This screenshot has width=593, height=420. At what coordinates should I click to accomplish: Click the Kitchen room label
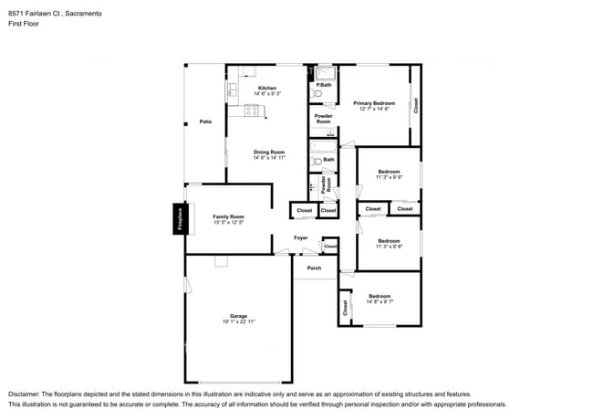[267, 89]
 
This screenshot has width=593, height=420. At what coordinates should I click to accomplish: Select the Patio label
[205, 121]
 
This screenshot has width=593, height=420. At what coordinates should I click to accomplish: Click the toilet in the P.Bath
[317, 94]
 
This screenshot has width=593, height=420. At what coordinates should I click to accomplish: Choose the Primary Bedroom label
[374, 103]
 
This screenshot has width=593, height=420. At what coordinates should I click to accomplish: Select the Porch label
[314, 268]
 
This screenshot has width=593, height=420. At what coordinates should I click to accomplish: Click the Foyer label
[300, 238]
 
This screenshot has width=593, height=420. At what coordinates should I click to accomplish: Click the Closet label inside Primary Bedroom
[415, 104]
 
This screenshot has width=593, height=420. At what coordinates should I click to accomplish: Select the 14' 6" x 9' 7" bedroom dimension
[379, 302]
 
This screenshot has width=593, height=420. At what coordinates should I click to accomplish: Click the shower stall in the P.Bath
[326, 71]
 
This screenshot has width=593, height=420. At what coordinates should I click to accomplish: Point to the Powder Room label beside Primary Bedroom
[324, 119]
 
